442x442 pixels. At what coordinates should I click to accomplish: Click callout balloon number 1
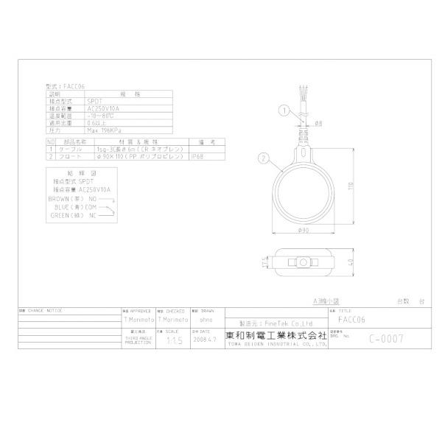tap(282, 111)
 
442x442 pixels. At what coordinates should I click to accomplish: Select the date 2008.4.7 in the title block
tap(204, 341)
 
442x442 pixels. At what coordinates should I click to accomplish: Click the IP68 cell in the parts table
tap(197, 157)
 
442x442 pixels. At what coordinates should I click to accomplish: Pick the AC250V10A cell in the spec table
tap(102, 108)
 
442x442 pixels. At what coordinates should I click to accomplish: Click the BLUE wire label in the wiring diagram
tap(66, 207)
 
